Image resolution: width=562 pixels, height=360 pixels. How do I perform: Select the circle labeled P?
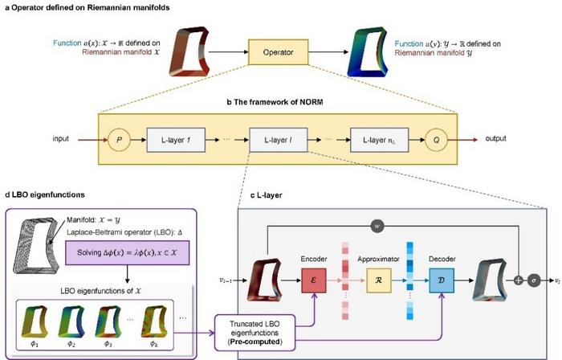click(x=118, y=138)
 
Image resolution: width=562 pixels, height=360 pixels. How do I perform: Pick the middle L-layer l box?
click(x=277, y=138)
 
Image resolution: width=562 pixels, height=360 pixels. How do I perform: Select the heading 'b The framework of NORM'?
click(x=276, y=103)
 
